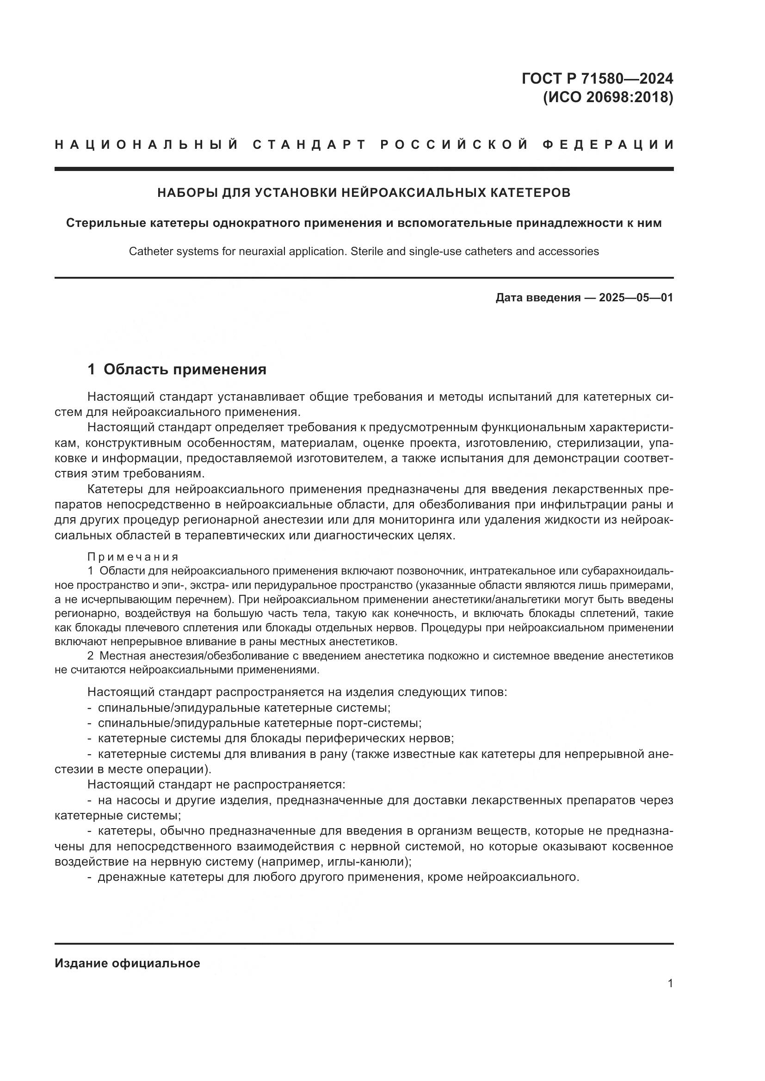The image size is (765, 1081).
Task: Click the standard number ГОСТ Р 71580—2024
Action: [597, 79]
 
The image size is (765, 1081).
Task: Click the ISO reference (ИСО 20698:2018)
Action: [608, 98]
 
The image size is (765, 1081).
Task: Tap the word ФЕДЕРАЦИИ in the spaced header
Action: [608, 145]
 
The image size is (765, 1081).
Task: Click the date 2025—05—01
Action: [635, 298]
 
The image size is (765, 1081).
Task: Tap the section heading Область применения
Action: [185, 370]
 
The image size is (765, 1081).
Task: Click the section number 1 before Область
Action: [92, 370]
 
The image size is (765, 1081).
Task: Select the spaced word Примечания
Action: [133, 557]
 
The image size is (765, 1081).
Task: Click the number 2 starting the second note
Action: [91, 656]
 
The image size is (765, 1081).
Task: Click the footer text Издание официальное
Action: [127, 963]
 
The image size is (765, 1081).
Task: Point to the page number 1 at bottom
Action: [670, 983]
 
